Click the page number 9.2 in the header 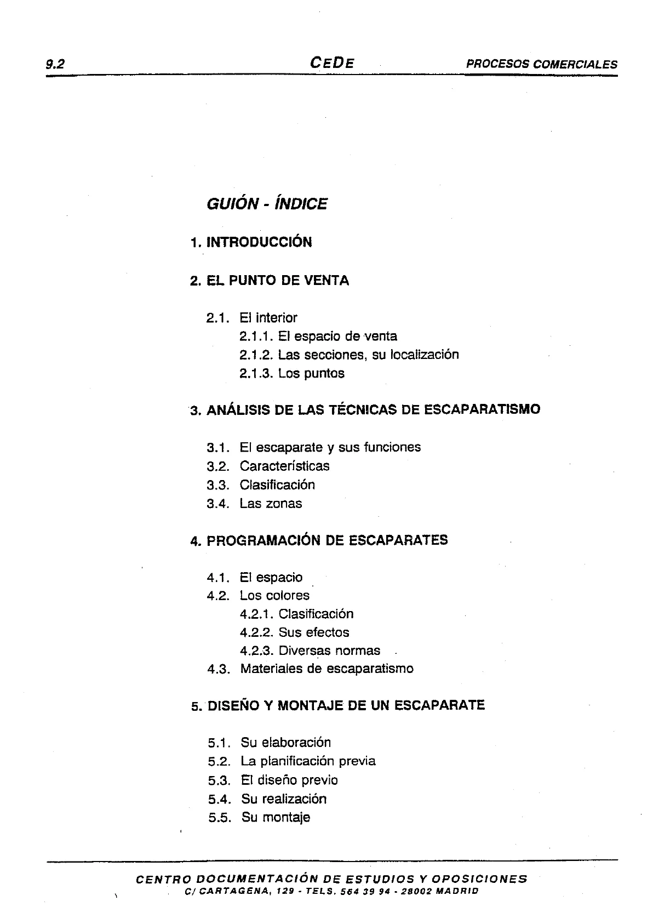(56, 64)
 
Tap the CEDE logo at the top (332, 62)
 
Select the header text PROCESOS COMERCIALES (541, 64)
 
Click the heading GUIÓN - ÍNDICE (267, 204)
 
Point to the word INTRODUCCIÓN (259, 242)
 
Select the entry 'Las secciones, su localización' (368, 355)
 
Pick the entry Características (284, 466)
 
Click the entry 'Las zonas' (271, 504)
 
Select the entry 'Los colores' (274, 596)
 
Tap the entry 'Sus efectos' (313, 632)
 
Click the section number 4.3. (218, 669)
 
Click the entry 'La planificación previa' (308, 761)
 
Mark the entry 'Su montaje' (276, 818)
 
